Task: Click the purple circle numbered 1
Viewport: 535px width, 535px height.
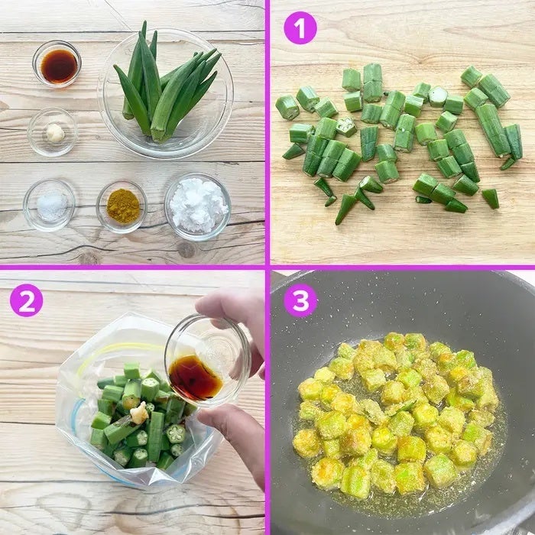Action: click(300, 28)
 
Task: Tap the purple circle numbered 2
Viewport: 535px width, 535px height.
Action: click(27, 300)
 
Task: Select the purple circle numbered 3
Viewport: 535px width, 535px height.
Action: click(300, 300)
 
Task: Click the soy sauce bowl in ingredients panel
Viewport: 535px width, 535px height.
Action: click(57, 64)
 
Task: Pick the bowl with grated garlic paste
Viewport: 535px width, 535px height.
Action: click(52, 132)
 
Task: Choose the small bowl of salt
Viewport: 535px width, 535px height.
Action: click(50, 205)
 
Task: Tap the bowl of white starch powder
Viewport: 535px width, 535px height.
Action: click(198, 206)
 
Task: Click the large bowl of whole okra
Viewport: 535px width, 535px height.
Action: click(166, 92)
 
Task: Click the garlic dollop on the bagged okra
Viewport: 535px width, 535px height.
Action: click(139, 413)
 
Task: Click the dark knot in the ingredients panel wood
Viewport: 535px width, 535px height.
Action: click(186, 250)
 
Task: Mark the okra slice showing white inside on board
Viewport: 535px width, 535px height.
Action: click(438, 96)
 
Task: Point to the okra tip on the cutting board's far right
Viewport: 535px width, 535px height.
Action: click(491, 199)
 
